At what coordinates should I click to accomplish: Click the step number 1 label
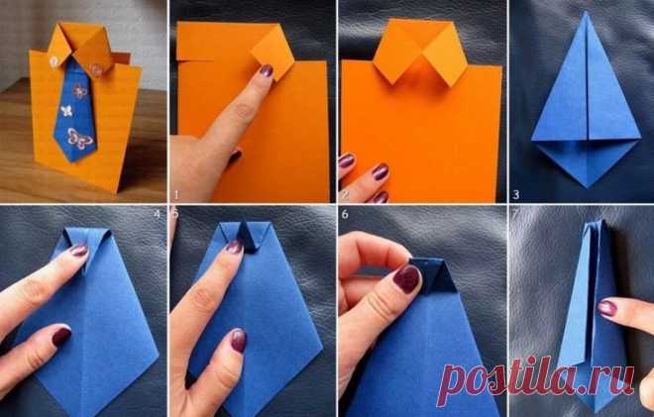coord(176,195)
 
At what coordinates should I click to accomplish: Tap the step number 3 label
coord(516,194)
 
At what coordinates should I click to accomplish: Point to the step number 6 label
coord(345,214)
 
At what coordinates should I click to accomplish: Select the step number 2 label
coord(345,195)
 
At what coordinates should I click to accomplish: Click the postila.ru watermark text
coord(535,380)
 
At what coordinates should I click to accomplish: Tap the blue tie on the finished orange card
coord(76,111)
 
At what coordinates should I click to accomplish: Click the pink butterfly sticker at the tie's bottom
coord(79,138)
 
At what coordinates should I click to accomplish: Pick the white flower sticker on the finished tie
coord(66,111)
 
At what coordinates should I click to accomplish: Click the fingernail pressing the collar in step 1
coord(267,70)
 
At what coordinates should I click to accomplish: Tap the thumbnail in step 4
coord(60,336)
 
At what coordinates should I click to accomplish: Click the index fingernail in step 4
coord(79,251)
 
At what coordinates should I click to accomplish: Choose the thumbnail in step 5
coord(239,340)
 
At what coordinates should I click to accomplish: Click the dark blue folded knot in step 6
coord(434,275)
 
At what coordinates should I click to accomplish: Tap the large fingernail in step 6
coord(406,278)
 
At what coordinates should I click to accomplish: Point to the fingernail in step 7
coord(607,308)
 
